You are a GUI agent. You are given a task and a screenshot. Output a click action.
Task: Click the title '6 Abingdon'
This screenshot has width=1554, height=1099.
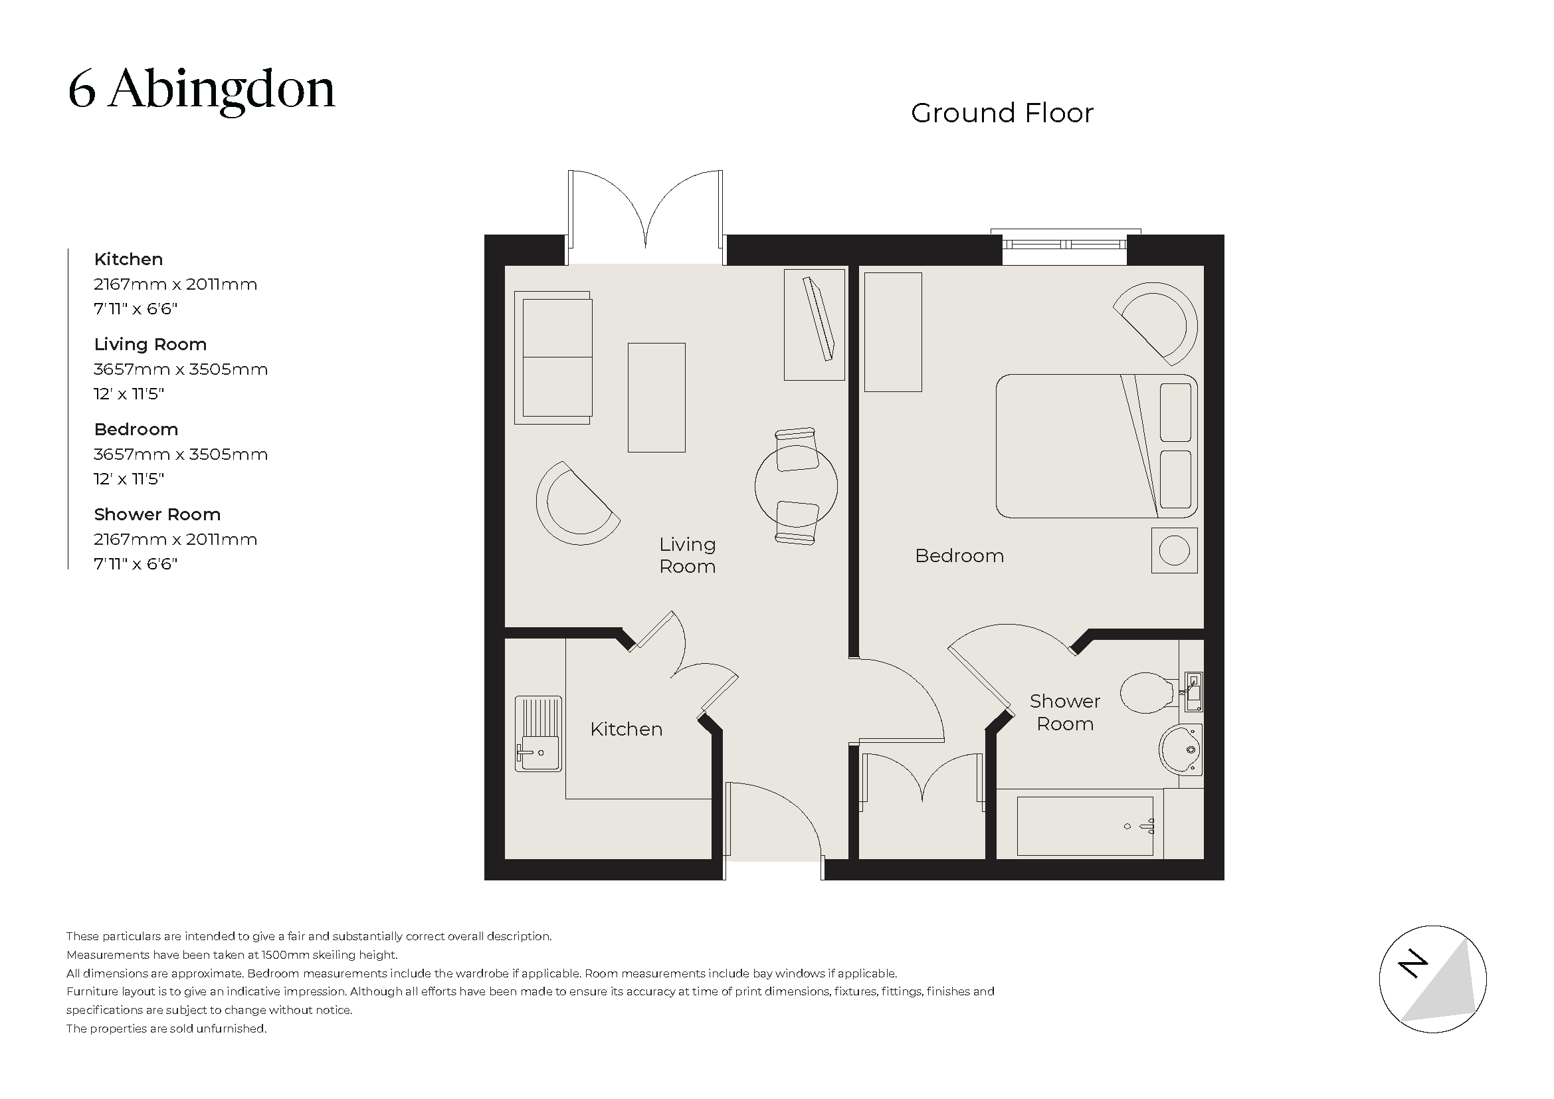[x=201, y=90]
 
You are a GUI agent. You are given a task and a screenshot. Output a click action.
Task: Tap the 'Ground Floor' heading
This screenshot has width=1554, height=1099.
[x=1001, y=113]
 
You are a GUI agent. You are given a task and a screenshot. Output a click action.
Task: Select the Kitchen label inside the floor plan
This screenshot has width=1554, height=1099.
[x=626, y=729]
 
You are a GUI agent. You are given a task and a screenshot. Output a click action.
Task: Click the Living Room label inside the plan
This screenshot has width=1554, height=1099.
[x=687, y=555]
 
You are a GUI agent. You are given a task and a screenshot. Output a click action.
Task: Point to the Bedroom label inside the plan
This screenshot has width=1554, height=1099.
[x=959, y=555]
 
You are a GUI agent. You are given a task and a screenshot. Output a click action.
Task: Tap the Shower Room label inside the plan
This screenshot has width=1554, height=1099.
[x=1064, y=712]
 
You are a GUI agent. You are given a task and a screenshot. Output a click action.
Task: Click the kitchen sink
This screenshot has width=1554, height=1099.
[x=538, y=734]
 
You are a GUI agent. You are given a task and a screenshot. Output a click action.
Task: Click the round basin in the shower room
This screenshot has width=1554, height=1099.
[x=1180, y=749]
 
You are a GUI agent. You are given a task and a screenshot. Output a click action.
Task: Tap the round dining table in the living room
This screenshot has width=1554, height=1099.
[x=796, y=486]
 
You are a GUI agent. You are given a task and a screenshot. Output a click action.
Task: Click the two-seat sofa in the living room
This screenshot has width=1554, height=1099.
[x=553, y=357]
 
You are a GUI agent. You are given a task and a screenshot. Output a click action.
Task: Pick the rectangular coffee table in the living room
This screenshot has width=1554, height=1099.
[x=656, y=397]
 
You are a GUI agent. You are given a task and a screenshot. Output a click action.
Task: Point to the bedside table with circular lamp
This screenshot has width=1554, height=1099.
[x=1173, y=550]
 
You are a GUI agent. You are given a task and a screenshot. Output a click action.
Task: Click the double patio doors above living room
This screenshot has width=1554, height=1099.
[x=645, y=217]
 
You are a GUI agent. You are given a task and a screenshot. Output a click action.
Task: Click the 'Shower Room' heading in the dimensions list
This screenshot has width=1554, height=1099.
[x=157, y=514]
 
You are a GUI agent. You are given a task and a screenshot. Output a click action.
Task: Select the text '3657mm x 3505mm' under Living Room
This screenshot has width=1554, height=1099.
[x=181, y=369]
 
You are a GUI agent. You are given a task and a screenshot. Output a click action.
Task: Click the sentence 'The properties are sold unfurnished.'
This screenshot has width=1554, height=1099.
[x=167, y=1029]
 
